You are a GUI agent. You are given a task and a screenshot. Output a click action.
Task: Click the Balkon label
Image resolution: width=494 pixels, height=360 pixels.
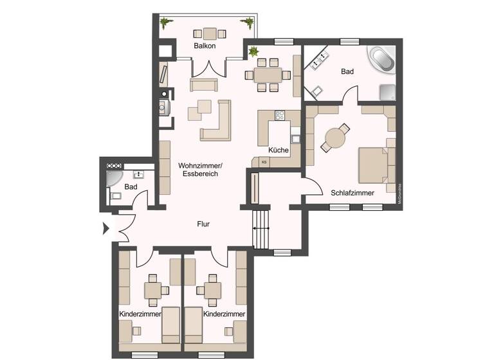(x=204, y=46)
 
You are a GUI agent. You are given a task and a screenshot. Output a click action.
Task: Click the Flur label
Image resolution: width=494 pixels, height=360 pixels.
(x=204, y=224)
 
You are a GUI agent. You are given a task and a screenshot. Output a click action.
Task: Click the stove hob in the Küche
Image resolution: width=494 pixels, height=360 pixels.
(x=280, y=116)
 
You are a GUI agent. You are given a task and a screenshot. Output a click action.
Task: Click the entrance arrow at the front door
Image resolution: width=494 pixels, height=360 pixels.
(x=105, y=227)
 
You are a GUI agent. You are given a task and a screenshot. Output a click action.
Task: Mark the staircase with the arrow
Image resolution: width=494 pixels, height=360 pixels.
(x=261, y=228)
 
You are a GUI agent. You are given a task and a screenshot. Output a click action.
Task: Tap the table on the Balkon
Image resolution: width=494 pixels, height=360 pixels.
(x=210, y=33)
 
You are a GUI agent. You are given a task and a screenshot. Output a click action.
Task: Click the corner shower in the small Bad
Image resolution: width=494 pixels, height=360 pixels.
(x=114, y=179)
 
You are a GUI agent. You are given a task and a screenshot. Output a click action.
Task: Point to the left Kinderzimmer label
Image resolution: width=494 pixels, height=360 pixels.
(x=139, y=314)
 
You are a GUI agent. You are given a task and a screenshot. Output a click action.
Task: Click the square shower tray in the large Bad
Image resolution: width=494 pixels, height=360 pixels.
(x=387, y=93)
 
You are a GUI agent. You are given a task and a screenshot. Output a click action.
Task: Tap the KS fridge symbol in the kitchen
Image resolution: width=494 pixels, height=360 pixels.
(x=264, y=162)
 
